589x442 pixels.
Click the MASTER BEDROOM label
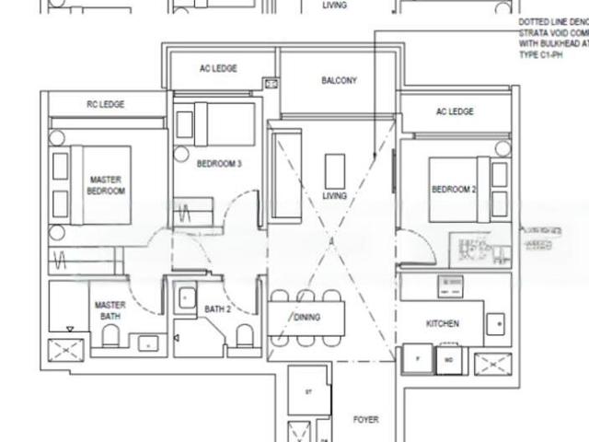click(106, 185)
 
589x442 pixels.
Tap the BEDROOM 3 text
click(219, 164)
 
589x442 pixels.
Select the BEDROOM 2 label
click(453, 190)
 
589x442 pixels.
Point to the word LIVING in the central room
click(334, 195)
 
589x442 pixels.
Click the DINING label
click(306, 318)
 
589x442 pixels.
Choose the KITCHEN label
click(442, 323)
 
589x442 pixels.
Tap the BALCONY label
click(339, 81)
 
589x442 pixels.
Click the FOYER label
click(365, 420)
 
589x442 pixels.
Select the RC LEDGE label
click(105, 105)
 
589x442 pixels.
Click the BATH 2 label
click(217, 309)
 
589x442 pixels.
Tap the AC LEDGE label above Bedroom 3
click(218, 69)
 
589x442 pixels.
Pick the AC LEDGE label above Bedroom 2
click(455, 111)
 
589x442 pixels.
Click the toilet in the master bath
click(111, 337)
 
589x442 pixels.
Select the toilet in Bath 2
click(245, 335)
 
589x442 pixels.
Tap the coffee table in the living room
click(334, 169)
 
